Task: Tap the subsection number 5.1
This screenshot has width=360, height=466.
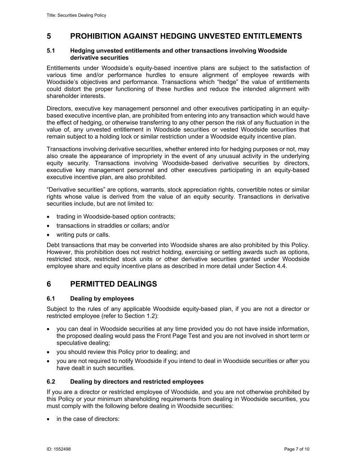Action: click(51, 51)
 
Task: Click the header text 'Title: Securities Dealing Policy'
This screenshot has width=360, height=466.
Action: click(76, 15)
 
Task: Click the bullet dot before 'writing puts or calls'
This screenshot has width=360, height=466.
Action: click(50, 235)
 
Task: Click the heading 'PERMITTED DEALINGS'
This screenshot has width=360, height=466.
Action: click(113, 284)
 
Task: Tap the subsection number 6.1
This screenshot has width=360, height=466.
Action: click(51, 299)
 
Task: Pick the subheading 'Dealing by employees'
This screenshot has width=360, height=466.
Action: click(102, 299)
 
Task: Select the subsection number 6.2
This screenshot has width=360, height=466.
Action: click(51, 382)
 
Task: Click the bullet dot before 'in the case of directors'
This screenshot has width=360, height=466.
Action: click(50, 419)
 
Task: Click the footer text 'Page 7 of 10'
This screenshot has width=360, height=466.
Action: click(297, 449)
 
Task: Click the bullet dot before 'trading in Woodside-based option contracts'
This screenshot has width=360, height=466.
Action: click(50, 217)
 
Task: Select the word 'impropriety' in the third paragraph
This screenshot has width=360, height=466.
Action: click(183, 156)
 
